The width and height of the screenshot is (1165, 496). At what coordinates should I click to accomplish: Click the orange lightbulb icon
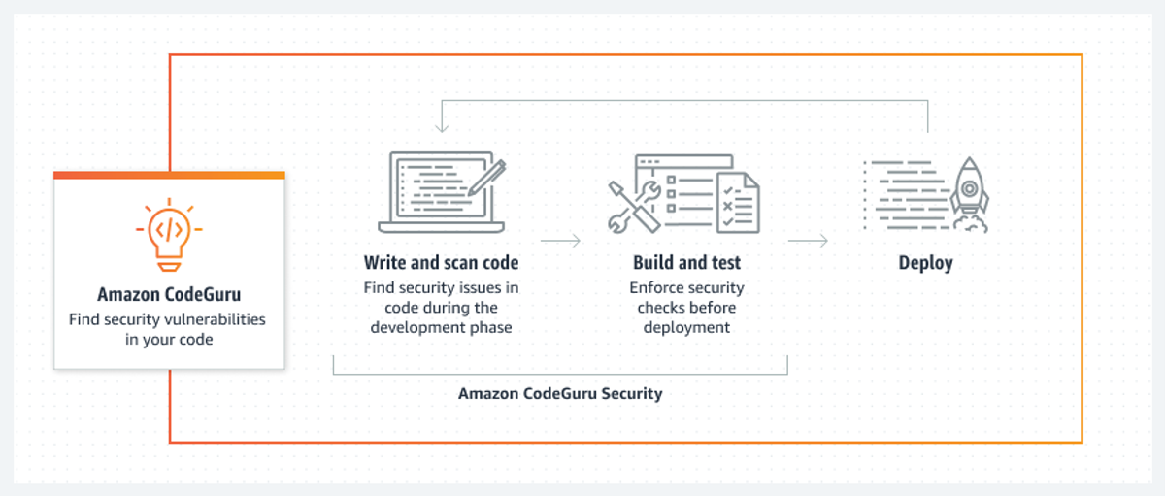(x=169, y=235)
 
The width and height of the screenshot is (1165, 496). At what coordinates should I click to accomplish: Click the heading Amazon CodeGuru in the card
(x=169, y=295)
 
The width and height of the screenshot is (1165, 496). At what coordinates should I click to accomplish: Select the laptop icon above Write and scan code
(x=442, y=192)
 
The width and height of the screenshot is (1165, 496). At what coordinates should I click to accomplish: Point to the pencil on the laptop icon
(x=487, y=178)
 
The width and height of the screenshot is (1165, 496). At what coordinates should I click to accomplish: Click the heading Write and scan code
(x=441, y=262)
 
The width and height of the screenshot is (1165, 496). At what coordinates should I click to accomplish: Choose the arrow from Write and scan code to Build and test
(x=560, y=241)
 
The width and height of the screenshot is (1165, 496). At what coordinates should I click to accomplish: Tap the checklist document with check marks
(x=738, y=203)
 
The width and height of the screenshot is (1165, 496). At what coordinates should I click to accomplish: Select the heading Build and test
(x=686, y=262)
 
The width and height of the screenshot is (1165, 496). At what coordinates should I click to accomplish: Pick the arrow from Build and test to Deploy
(x=808, y=241)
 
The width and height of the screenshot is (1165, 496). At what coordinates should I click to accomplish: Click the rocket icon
(x=970, y=193)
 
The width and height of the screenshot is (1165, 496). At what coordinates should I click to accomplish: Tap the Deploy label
(x=926, y=263)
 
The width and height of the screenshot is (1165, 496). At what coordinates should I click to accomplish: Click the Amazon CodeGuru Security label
(x=560, y=393)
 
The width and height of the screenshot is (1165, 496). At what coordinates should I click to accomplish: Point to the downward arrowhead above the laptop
(x=442, y=127)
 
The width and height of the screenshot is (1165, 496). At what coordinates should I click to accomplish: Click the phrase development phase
(x=441, y=327)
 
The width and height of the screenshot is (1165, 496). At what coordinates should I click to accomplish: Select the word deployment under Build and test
(x=686, y=327)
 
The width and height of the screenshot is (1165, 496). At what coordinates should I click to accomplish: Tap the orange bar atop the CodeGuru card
(x=169, y=176)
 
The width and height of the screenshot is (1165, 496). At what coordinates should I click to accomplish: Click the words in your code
(x=169, y=340)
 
